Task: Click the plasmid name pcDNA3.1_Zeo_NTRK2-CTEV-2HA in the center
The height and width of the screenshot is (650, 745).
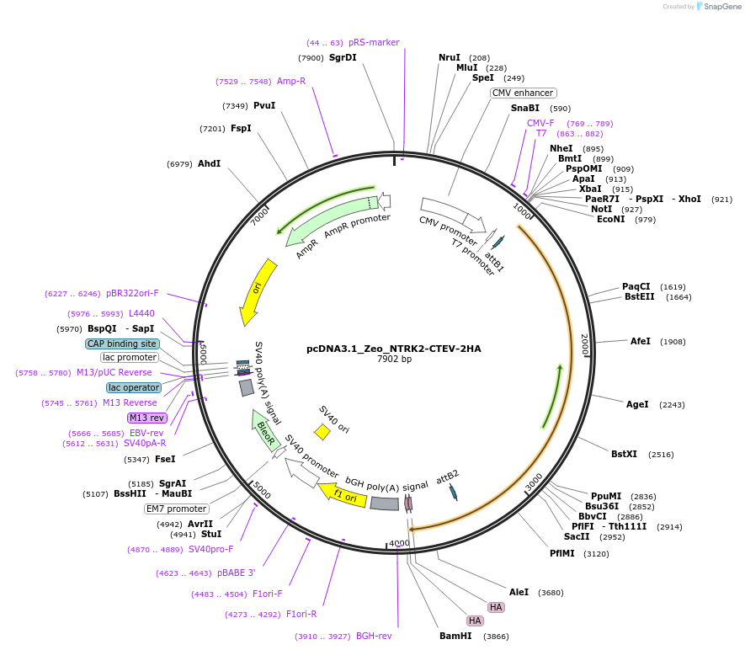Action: (393, 349)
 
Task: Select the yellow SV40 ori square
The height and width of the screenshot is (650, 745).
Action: (322, 432)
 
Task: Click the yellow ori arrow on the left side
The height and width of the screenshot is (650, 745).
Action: (257, 290)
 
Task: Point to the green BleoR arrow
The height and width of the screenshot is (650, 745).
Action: (264, 431)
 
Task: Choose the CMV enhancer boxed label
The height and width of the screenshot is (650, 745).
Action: (523, 93)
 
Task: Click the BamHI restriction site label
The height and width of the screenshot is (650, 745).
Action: (455, 636)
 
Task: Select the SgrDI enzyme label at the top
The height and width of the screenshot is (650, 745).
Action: (343, 57)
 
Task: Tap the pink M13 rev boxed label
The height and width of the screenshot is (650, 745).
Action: (146, 418)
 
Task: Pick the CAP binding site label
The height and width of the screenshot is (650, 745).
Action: (122, 344)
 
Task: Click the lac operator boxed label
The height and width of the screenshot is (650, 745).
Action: (134, 387)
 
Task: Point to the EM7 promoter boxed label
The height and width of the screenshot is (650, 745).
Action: (176, 509)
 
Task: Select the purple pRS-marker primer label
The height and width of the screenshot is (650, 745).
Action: (374, 42)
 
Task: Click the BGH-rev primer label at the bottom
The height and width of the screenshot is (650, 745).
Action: (374, 636)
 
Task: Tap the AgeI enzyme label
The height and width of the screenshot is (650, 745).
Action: (637, 404)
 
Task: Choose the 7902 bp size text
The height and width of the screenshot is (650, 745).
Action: (394, 360)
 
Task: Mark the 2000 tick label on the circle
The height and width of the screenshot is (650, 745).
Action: (585, 344)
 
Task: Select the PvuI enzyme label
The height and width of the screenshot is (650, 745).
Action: (264, 105)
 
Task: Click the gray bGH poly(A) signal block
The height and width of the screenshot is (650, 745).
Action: (385, 503)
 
